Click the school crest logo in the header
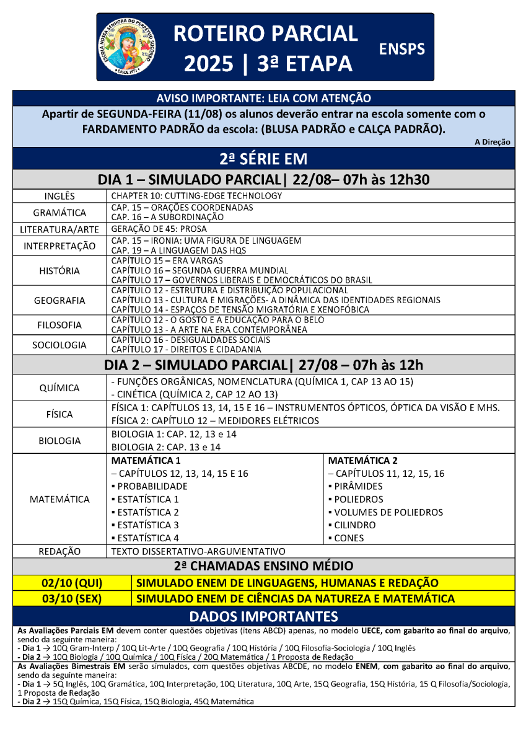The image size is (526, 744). click(128, 47)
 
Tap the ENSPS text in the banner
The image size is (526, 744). click(401, 49)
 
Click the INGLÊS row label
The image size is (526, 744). click(59, 196)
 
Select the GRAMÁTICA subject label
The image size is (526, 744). click(59, 213)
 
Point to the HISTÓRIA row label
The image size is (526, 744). click(59, 270)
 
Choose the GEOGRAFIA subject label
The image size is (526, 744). click(59, 301)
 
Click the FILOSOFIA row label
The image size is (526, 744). click(59, 325)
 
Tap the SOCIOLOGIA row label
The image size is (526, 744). click(59, 345)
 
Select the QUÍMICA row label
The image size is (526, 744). click(59, 388)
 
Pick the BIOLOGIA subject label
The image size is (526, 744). click(59, 441)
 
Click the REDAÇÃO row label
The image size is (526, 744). click(59, 551)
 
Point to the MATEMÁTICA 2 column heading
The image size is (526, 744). click(362, 461)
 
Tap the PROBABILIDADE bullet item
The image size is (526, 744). click(149, 487)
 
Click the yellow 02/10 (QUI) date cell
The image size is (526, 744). click(72, 583)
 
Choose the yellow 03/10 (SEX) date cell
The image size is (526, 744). click(72, 599)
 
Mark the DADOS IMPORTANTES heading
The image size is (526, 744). click(263, 616)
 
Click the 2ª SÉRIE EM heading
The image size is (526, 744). click(263, 159)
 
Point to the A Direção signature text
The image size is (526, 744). click(493, 143)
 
